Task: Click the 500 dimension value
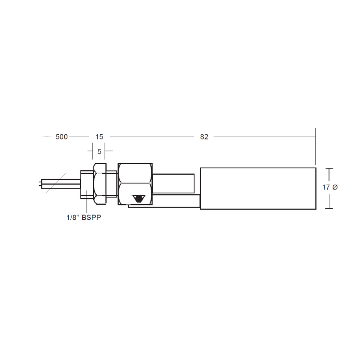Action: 62,137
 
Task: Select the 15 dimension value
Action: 99,137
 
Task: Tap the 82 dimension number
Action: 204,137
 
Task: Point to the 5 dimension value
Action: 99,152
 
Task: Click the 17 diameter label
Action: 330,187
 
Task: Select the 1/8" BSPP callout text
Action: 84,217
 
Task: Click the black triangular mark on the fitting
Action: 139,199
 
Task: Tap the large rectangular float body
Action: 258,188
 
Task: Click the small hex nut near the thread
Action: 100,184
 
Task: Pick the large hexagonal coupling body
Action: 135,184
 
